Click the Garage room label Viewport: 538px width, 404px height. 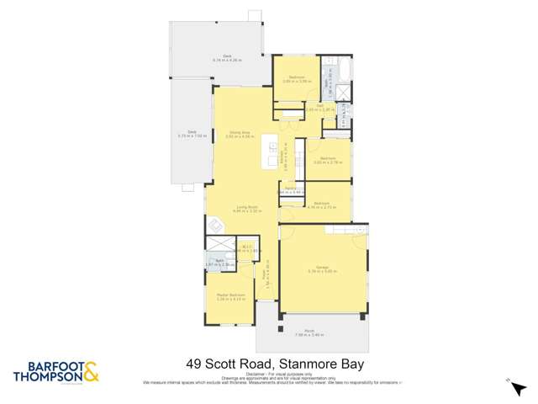pos(322,268)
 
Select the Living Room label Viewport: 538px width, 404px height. pos(246,208)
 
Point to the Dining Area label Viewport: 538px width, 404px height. pos(238,132)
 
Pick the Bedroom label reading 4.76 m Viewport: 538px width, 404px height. pos(322,205)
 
